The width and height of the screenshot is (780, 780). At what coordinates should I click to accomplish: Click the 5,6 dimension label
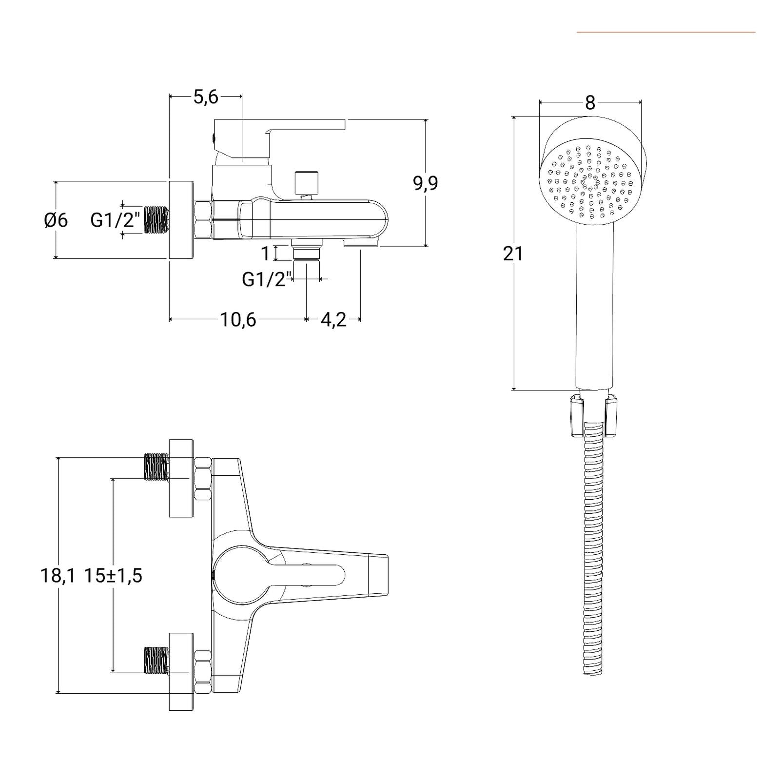pos(206,97)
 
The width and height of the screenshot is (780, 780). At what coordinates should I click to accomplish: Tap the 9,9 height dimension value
pos(426,183)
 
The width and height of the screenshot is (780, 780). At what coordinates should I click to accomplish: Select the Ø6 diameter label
pos(56,220)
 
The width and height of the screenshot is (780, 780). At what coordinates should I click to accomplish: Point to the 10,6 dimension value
pos(238,320)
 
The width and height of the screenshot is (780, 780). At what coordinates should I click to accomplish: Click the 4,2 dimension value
pos(333,320)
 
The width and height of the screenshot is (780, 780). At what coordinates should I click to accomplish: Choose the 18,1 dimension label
pos(58,576)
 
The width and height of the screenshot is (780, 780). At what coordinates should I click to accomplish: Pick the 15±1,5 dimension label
pos(113,576)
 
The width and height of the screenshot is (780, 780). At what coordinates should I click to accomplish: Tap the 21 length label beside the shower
pos(513,253)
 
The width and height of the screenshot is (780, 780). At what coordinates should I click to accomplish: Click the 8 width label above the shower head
pos(590,103)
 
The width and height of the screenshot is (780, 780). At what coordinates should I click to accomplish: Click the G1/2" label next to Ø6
pos(116,220)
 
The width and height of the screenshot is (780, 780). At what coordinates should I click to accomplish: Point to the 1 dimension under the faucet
pos(266,253)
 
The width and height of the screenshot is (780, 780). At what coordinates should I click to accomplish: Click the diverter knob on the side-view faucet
pos(306,183)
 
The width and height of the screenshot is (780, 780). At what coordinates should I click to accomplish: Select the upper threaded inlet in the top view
pos(156,467)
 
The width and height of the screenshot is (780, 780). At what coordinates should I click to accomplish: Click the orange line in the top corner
pos(666,32)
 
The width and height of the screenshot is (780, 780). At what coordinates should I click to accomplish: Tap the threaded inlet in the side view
pos(156,220)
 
